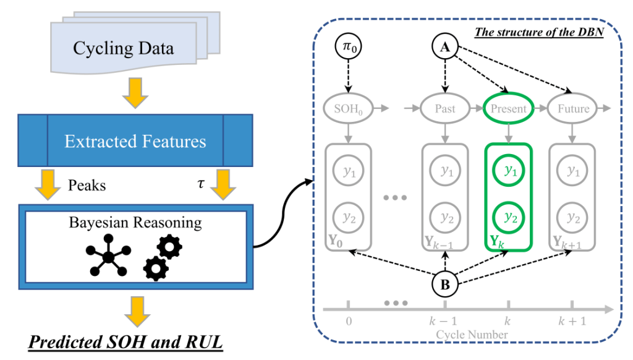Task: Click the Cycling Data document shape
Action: click(x=123, y=48)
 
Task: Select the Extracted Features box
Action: click(x=135, y=141)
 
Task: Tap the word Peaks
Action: click(x=86, y=185)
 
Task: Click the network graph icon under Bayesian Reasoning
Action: click(x=108, y=255)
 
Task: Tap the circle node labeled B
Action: click(x=445, y=285)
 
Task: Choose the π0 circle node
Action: click(x=348, y=47)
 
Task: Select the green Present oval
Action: click(x=508, y=109)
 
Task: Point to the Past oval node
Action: click(x=445, y=109)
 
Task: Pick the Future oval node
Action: click(x=573, y=109)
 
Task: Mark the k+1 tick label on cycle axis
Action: click(x=572, y=322)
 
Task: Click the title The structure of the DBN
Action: click(x=547, y=32)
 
